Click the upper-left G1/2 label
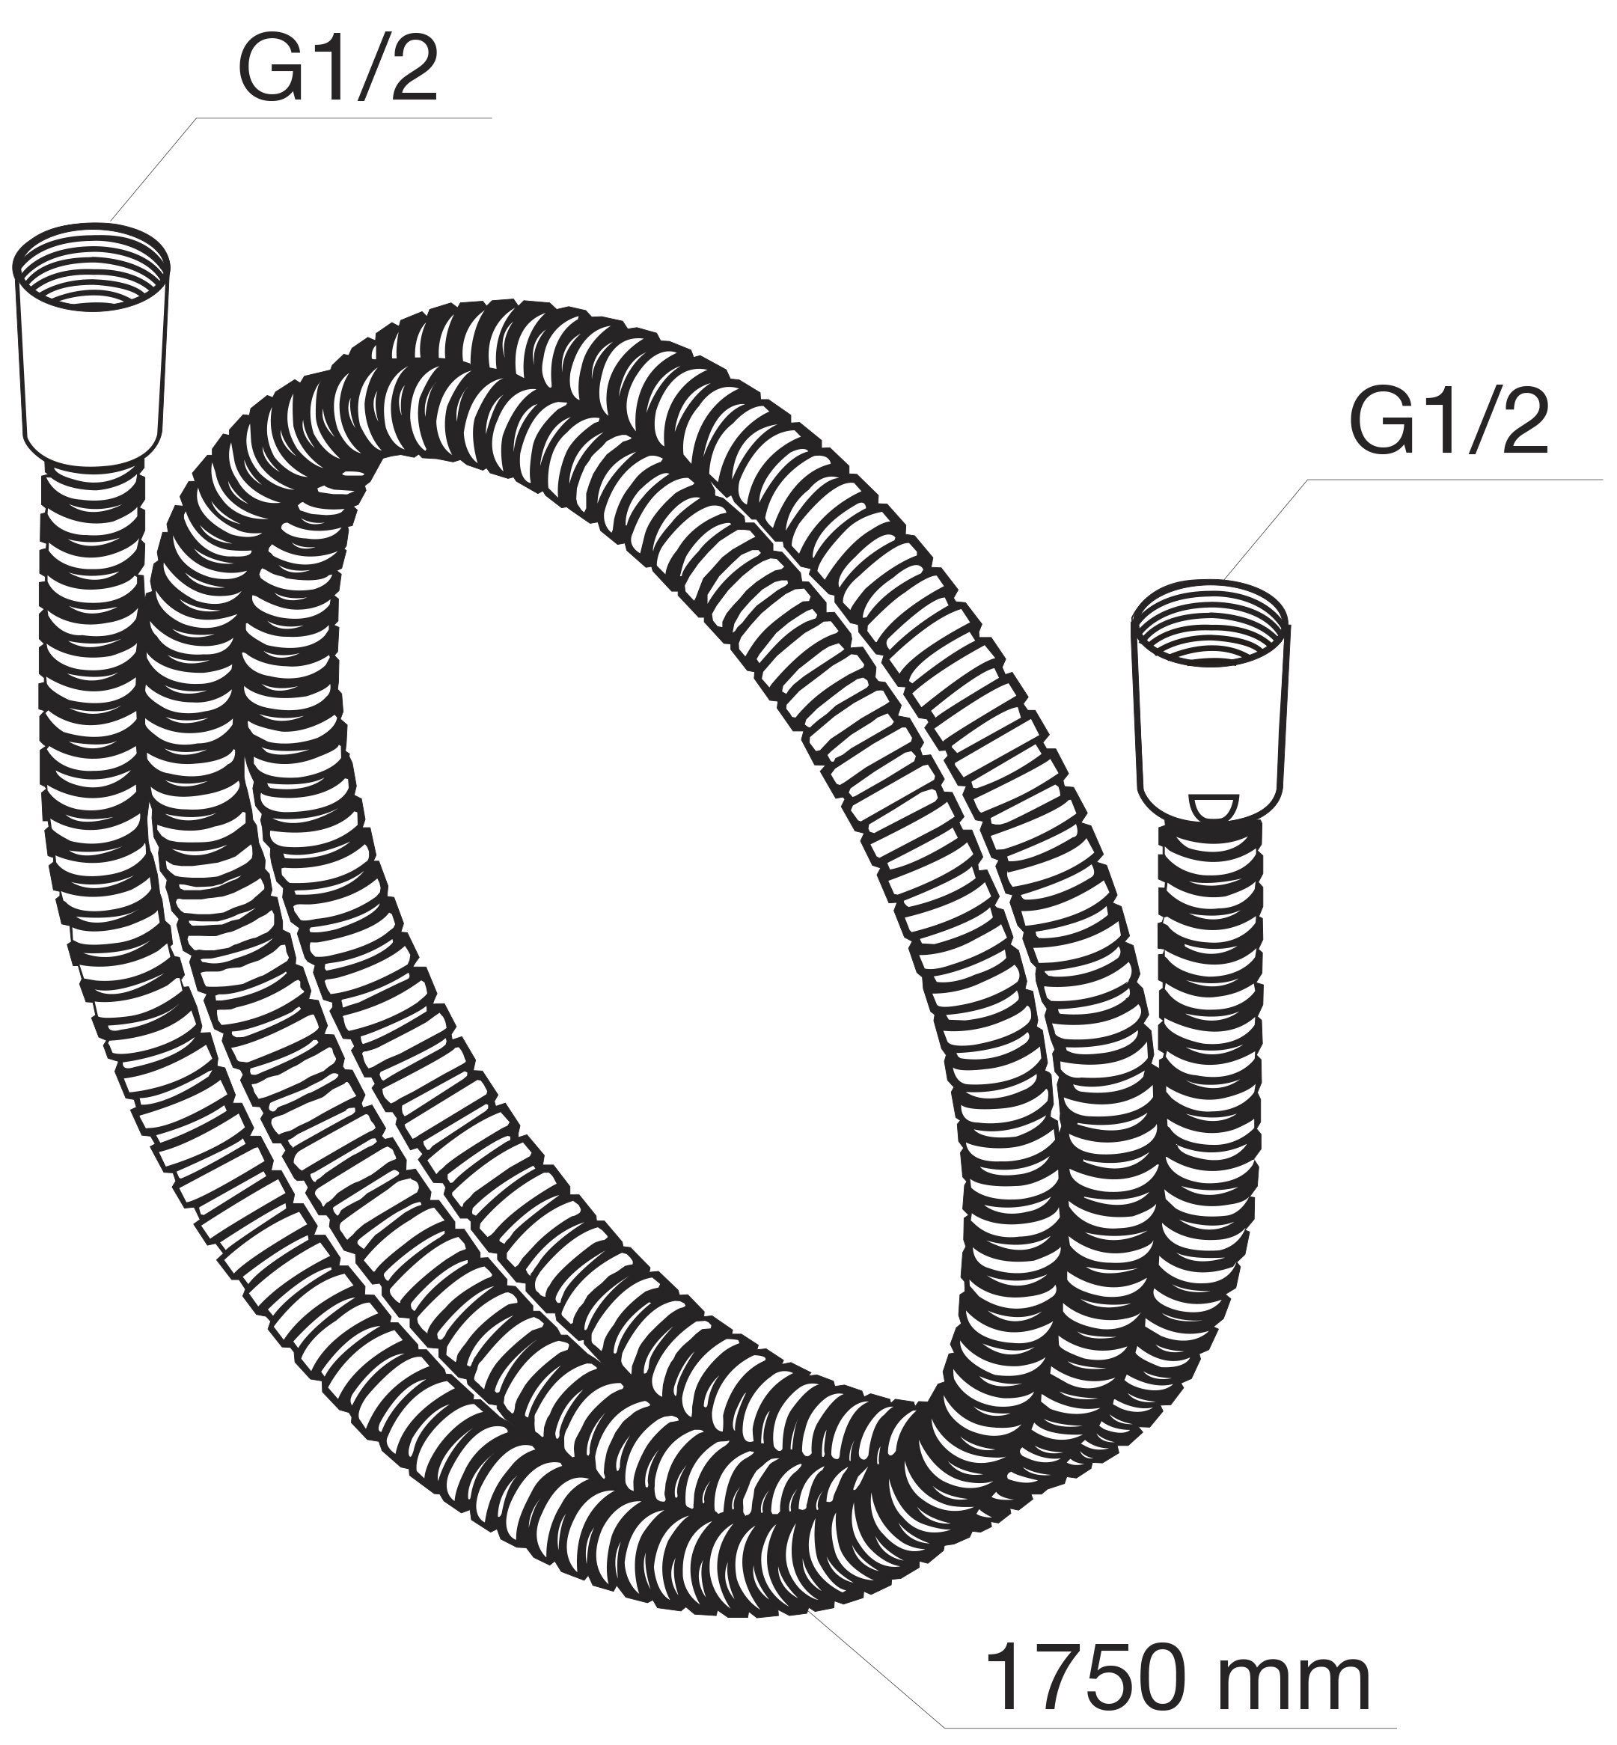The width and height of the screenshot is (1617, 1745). pyautogui.click(x=337, y=67)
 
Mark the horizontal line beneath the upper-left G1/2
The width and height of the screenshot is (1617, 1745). pyautogui.click(x=345, y=117)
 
